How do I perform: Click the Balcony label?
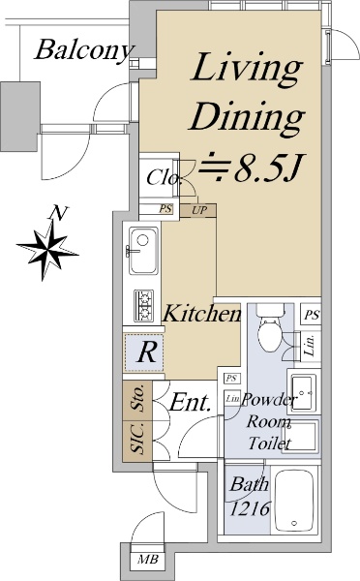coord(83,50)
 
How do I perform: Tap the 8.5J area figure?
coord(269,169)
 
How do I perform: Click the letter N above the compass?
coord(59,212)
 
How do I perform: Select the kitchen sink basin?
coord(143,250)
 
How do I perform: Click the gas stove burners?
coord(143,305)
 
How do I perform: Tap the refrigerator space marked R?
coord(143,352)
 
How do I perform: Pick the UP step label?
coord(198,210)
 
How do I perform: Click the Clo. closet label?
coord(164,177)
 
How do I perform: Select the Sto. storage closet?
coord(137,401)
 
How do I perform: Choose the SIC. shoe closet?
coord(137,441)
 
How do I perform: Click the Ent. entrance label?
coord(190,402)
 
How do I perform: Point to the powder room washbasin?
coord(304,392)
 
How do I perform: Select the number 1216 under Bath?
coord(250,508)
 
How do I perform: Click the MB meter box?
coord(148,559)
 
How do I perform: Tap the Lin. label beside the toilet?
coord(311,346)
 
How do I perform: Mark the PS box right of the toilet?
coord(311,315)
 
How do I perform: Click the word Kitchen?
coord(202,313)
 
